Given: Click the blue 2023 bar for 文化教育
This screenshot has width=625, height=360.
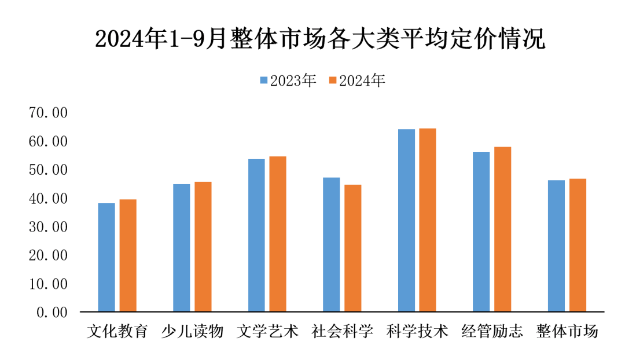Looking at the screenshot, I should pyautogui.click(x=106, y=258).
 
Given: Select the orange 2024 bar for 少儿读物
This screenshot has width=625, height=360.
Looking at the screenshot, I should pyautogui.click(x=203, y=247).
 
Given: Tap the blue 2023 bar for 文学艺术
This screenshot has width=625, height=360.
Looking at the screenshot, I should pyautogui.click(x=256, y=236).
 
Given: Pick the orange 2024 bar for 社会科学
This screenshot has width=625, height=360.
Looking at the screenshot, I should pyautogui.click(x=352, y=248).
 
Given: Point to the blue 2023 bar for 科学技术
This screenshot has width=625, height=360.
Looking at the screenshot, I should pyautogui.click(x=406, y=221).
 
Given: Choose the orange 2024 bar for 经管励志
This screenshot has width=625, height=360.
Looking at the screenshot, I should pyautogui.click(x=502, y=229).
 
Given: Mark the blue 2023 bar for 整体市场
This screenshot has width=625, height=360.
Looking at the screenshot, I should pyautogui.click(x=556, y=246).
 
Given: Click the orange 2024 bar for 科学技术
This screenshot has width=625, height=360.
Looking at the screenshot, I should pyautogui.click(x=428, y=221).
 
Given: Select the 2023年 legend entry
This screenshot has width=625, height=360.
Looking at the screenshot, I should pyautogui.click(x=288, y=81).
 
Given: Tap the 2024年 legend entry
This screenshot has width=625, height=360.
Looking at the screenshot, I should pyautogui.click(x=356, y=81).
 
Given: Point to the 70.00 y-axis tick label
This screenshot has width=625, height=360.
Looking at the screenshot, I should pyautogui.click(x=48, y=113).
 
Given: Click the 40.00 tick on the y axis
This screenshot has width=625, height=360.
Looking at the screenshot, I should pyautogui.click(x=48, y=199).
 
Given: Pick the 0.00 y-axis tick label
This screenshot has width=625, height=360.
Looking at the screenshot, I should pyautogui.click(x=52, y=313).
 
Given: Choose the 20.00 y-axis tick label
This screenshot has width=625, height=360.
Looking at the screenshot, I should pyautogui.click(x=48, y=255).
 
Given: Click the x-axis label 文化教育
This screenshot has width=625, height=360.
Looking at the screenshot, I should pyautogui.click(x=117, y=332).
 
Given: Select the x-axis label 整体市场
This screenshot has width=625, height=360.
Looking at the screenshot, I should pyautogui.click(x=567, y=332).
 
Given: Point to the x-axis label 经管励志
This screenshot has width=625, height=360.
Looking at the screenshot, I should pyautogui.click(x=492, y=332).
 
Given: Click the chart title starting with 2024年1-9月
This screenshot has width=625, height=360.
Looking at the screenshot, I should pyautogui.click(x=320, y=39).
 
